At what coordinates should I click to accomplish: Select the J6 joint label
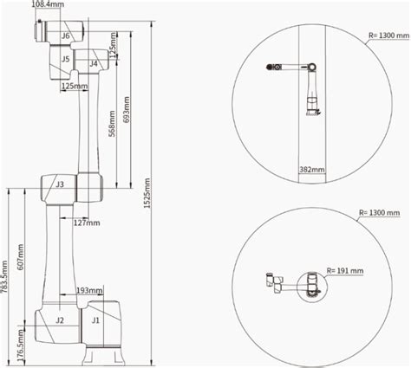(66, 36)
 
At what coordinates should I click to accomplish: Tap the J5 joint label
(66, 59)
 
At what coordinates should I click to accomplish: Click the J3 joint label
(60, 184)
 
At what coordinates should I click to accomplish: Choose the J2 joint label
(60, 320)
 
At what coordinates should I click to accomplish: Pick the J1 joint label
(95, 320)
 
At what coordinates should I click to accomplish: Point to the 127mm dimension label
(87, 223)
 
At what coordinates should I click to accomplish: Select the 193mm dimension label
(89, 290)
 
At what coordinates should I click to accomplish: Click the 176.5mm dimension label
(20, 343)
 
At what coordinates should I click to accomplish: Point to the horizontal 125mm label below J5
(74, 87)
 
